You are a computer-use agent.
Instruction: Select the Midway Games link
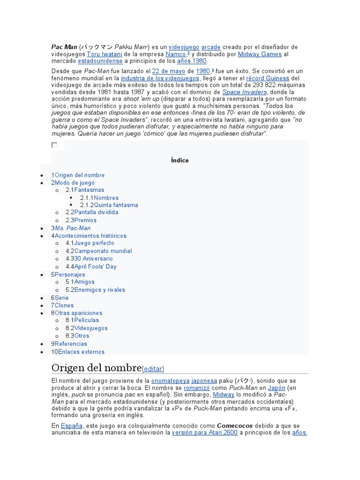point(260,54)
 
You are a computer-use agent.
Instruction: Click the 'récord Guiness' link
point(268,78)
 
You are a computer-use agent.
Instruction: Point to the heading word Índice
point(180,160)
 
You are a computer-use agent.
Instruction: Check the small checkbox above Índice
point(54,145)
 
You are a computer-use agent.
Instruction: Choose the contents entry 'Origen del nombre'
point(80,175)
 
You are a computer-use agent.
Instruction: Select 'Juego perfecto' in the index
point(94,243)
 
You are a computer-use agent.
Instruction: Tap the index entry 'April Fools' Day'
point(95,267)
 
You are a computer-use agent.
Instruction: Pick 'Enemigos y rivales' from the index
point(100,290)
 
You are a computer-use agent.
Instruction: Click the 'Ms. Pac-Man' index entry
point(73,228)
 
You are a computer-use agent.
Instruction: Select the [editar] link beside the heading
point(153,368)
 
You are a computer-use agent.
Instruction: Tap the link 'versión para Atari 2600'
point(205,433)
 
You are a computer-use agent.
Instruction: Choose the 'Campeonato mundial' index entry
point(103,251)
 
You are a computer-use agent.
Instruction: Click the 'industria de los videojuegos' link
point(160,78)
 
